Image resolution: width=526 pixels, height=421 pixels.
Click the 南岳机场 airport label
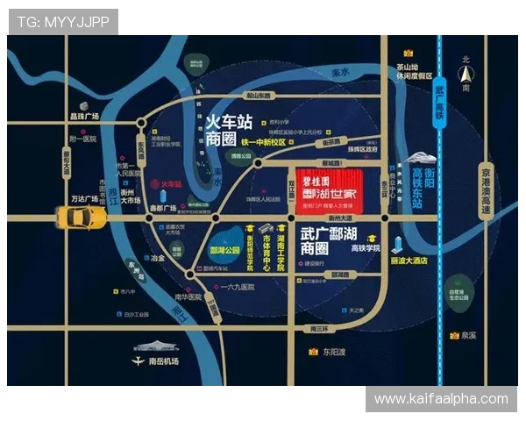pyautogui.click(x=163, y=361)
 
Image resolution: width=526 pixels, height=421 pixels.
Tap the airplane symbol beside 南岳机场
pyautogui.click(x=137, y=360)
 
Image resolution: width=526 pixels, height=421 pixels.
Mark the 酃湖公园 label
pyautogui.click(x=227, y=249)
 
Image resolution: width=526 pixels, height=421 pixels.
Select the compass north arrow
pyautogui.click(x=466, y=73)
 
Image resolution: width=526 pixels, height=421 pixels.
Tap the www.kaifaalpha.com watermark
pyautogui.click(x=441, y=399)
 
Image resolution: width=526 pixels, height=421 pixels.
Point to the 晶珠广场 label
pyautogui.click(x=84, y=116)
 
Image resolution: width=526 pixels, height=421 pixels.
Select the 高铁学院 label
pyautogui.click(x=366, y=249)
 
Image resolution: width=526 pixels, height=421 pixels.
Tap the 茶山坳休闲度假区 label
pyautogui.click(x=414, y=71)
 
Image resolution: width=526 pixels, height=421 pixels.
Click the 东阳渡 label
pyautogui.click(x=333, y=353)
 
